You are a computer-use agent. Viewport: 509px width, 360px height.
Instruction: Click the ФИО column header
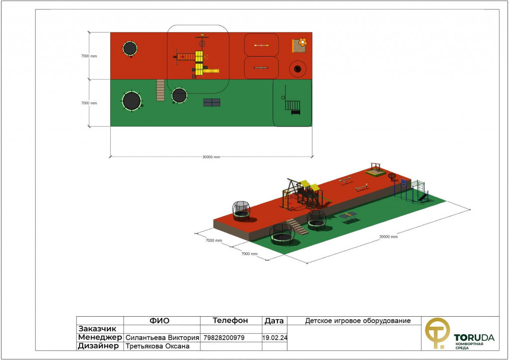click(160, 321)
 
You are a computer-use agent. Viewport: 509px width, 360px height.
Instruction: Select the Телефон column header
click(230, 321)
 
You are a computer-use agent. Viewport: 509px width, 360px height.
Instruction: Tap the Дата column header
click(274, 321)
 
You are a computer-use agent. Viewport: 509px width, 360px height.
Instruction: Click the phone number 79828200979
click(224, 338)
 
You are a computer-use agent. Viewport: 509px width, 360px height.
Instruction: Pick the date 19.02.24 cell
click(274, 338)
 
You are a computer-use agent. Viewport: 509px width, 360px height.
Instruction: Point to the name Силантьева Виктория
click(163, 338)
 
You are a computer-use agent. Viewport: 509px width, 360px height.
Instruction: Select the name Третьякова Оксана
click(158, 346)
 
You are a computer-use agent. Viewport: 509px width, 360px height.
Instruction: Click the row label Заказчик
click(97, 329)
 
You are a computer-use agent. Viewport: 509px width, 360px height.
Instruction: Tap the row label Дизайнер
click(98, 346)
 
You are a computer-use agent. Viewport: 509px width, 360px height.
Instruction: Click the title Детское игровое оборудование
click(358, 321)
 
